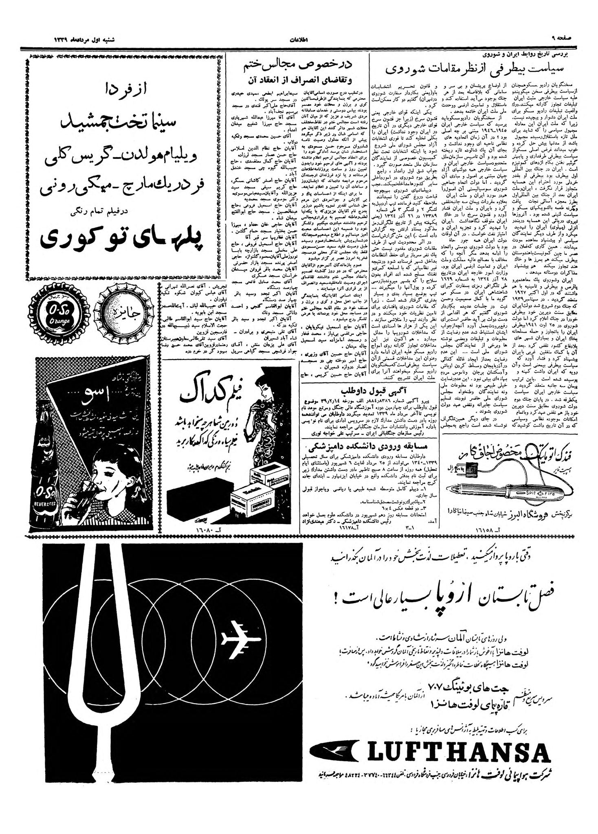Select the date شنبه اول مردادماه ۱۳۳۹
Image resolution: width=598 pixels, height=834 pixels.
(x=84, y=41)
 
